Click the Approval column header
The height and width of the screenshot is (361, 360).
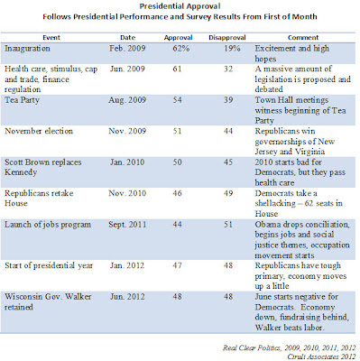[178, 38]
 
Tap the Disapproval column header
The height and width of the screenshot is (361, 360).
[227, 38]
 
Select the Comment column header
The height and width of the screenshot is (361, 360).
[303, 38]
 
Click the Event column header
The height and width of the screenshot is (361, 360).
[51, 38]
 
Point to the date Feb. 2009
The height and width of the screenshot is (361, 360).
[127, 49]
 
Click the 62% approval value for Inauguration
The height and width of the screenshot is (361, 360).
[180, 49]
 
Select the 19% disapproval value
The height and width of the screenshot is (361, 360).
[232, 49]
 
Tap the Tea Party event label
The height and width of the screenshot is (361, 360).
[22, 100]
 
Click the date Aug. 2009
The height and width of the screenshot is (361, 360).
[127, 100]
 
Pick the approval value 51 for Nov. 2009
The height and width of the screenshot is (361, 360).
[177, 131]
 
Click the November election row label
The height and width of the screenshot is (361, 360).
[39, 131]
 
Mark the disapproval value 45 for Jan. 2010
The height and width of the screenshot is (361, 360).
[228, 162]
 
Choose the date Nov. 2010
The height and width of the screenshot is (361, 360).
[127, 193]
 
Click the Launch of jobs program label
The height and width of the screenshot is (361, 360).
[48, 225]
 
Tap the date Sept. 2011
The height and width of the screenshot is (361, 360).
[127, 225]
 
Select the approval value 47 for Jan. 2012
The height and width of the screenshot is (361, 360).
[177, 265]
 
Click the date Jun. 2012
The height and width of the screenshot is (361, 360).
[127, 297]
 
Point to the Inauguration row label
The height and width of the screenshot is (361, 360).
[27, 49]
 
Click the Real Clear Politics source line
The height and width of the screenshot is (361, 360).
[290, 348]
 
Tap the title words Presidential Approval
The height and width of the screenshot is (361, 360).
[180, 6]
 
